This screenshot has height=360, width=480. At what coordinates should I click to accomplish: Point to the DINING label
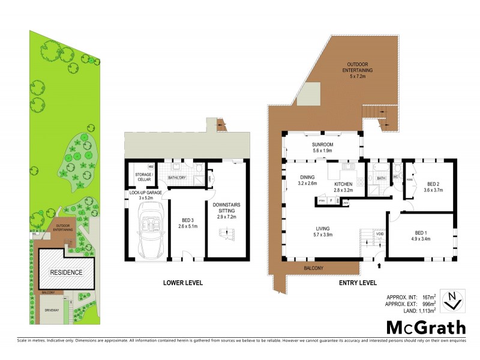coord(308,177)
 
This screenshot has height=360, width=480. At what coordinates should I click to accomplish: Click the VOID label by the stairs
coord(379,234)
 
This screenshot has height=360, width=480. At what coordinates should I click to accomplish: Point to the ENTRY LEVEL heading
coord(358,282)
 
